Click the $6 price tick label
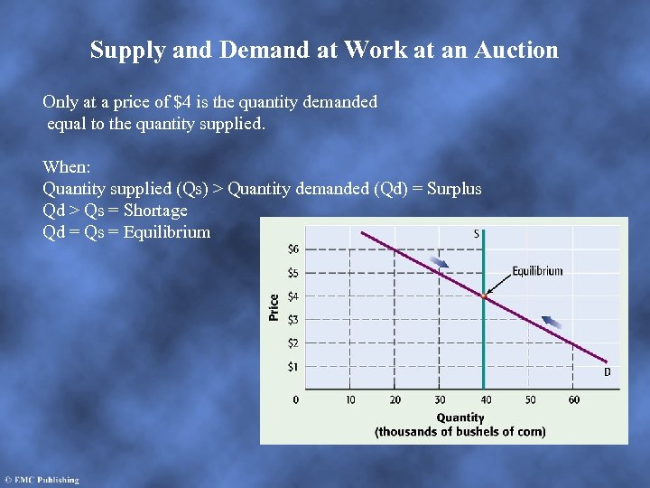click(x=293, y=249)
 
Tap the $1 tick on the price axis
click(x=293, y=367)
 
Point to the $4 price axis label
click(x=293, y=296)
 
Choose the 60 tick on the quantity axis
click(x=574, y=399)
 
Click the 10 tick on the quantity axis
click(x=350, y=399)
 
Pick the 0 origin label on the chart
click(x=296, y=399)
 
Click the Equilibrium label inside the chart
click(x=537, y=270)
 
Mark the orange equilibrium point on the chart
click(x=485, y=296)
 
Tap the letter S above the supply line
click(x=477, y=233)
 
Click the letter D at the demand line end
click(x=607, y=371)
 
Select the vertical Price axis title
click(x=274, y=307)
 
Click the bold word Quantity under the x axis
click(x=460, y=418)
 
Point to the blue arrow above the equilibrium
click(x=440, y=262)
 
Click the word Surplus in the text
click(x=453, y=189)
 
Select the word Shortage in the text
click(x=155, y=211)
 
